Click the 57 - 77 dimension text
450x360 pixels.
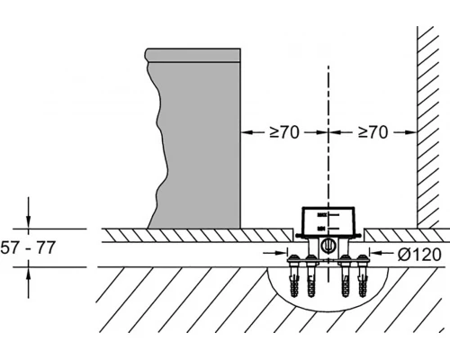28,247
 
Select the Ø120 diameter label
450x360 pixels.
419,255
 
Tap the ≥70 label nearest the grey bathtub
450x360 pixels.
284,132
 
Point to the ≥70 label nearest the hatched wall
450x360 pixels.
373,132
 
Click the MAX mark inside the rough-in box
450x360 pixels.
321,215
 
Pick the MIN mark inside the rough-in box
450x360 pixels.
321,229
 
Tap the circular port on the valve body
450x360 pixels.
326,246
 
